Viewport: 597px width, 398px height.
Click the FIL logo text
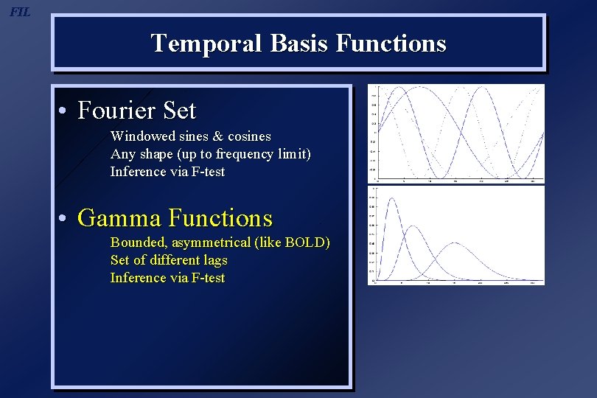click(21, 12)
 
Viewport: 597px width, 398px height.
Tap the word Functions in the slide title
click(391, 43)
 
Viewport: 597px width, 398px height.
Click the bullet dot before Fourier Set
click(65, 112)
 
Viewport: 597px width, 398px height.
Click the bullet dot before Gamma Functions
click(65, 219)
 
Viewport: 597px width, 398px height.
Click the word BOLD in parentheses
click(305, 242)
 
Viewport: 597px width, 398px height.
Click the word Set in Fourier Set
click(180, 111)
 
